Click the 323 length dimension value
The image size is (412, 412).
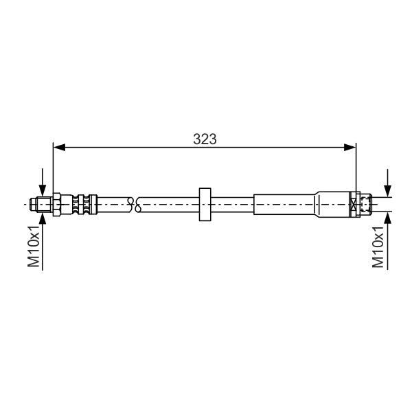pyautogui.click(x=205, y=139)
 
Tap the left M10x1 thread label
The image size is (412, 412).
pyautogui.click(x=34, y=246)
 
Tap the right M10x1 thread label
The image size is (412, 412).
pyautogui.click(x=378, y=247)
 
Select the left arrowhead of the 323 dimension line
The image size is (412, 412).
pyautogui.click(x=59, y=148)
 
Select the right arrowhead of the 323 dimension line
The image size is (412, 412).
pyautogui.click(x=350, y=148)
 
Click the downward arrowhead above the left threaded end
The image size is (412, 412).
pyautogui.click(x=43, y=190)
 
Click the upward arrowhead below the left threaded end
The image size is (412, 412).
pyautogui.click(x=43, y=218)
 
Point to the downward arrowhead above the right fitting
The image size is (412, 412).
pyautogui.click(x=387, y=191)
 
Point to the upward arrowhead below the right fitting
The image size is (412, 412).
pyautogui.click(x=387, y=218)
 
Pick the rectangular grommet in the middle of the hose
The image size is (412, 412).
pyautogui.click(x=205, y=205)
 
